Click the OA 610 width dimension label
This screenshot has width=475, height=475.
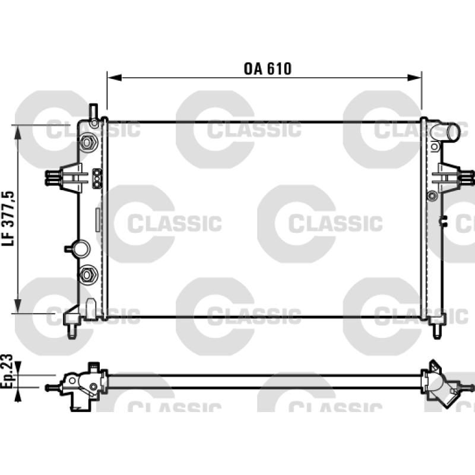pyautogui.click(x=268, y=69)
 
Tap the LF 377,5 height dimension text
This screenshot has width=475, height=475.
pyautogui.click(x=8, y=218)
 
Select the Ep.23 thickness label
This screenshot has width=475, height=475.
pyautogui.click(x=7, y=370)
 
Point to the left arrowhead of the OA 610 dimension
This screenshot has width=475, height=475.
pyautogui.click(x=115, y=78)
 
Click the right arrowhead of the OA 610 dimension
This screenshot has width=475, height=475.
pyautogui.click(x=414, y=78)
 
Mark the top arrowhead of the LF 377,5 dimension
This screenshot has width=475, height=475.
pyautogui.click(x=18, y=132)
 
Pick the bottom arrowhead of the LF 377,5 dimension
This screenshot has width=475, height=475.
pyautogui.click(x=18, y=306)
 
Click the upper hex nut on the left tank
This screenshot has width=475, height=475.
pyautogui.click(x=87, y=142)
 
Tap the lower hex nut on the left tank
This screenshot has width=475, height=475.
pyautogui.click(x=87, y=275)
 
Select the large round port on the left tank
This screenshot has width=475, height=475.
pyautogui.click(x=81, y=249)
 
